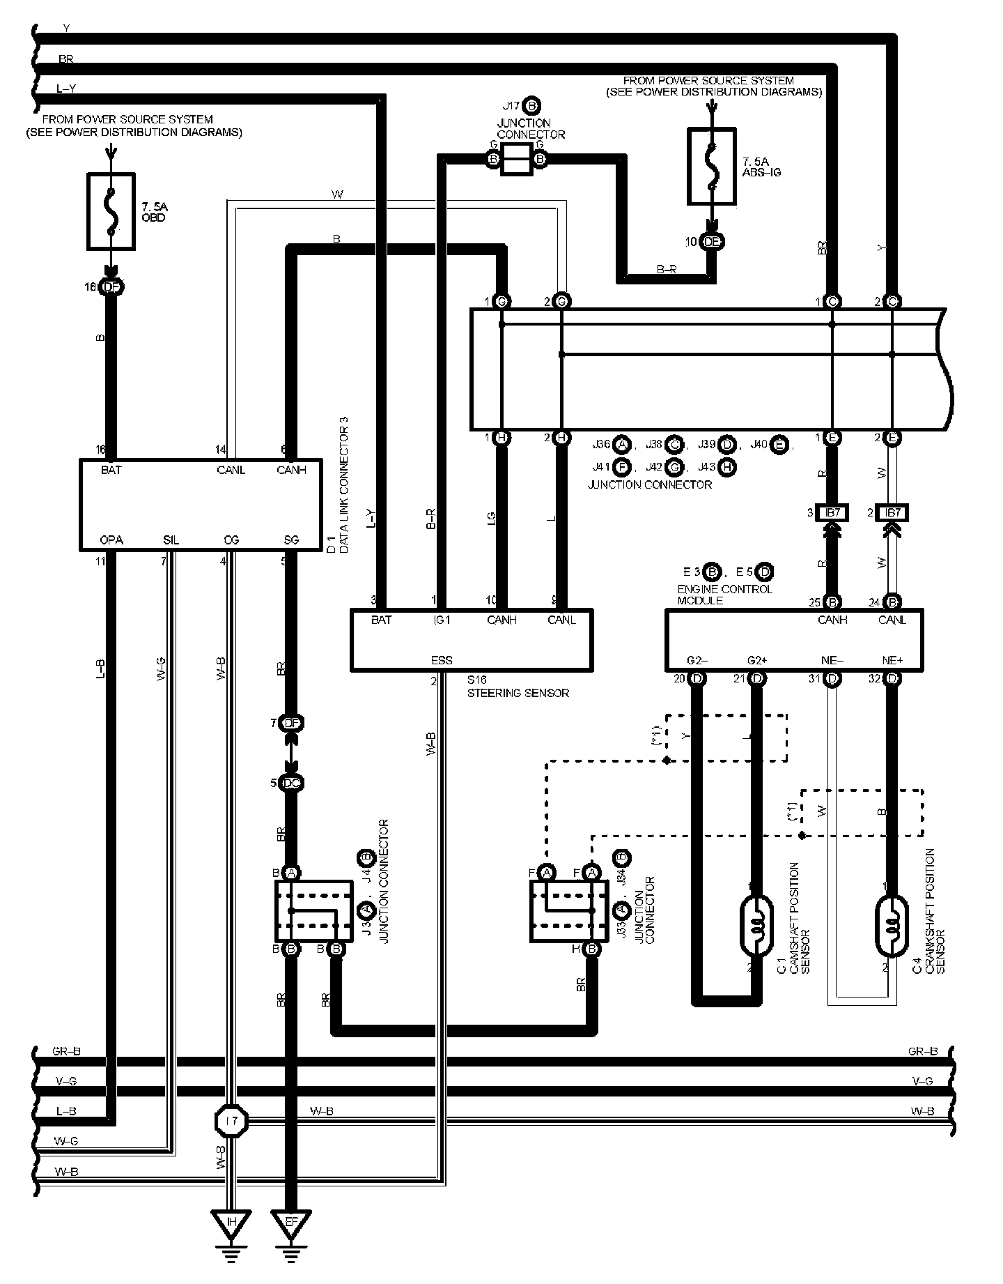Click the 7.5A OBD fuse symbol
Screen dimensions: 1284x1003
pos(111,212)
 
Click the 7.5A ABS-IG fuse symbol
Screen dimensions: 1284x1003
pos(711,166)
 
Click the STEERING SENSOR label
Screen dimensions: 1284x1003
pos(518,693)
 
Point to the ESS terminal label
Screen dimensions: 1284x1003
pos(442,659)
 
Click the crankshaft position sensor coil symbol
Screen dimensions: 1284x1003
pos(891,923)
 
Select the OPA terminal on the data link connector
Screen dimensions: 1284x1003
pos(111,540)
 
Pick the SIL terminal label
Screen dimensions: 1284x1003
pos(171,540)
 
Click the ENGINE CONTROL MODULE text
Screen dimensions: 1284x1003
pos(724,594)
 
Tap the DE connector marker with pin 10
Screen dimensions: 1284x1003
pos(711,242)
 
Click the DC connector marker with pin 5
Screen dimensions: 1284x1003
pos(291,783)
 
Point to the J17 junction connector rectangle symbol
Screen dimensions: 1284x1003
pos(518,160)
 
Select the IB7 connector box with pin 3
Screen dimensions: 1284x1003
pos(834,513)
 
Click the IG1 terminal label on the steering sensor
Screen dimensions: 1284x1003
pos(442,619)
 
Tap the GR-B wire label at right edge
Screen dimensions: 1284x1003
pos(923,1051)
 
